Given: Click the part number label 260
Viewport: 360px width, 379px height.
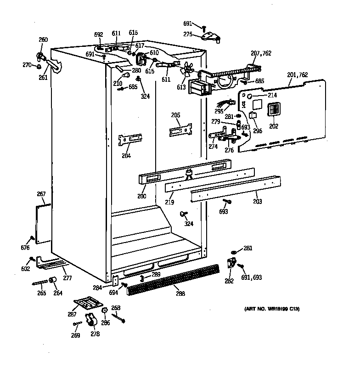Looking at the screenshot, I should (43, 40).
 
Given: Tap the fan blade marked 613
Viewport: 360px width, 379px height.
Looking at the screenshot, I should (186, 69).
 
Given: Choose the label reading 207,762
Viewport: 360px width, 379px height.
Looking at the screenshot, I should (261, 53).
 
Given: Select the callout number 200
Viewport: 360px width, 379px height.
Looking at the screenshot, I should (141, 196).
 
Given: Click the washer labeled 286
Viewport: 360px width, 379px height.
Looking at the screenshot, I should (105, 311).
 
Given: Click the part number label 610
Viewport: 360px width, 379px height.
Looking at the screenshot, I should (154, 53).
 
